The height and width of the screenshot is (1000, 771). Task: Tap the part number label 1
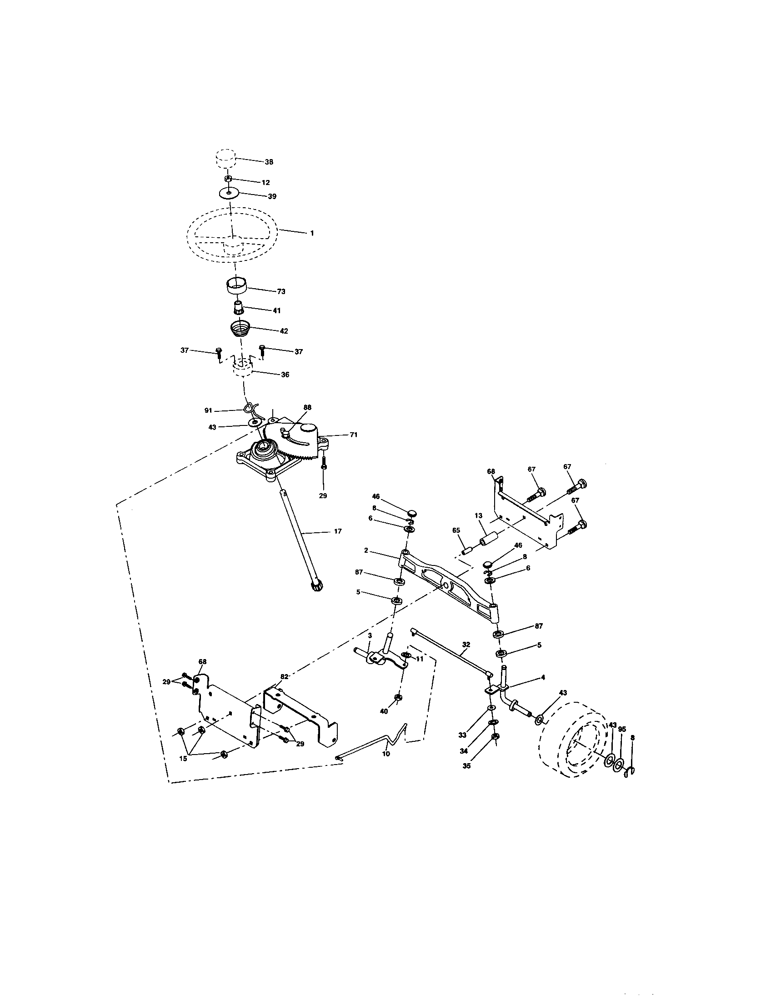point(312,233)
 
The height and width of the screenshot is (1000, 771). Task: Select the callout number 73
point(281,291)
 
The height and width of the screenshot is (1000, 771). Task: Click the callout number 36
point(285,374)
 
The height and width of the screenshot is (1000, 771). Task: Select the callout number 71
point(354,435)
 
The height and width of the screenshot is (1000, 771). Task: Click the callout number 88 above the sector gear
point(307,407)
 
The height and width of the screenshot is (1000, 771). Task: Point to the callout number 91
point(208,410)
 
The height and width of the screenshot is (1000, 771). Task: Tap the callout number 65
point(456,530)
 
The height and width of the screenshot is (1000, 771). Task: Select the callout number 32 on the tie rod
point(466,644)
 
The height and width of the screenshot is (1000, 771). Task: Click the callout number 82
point(284,676)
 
